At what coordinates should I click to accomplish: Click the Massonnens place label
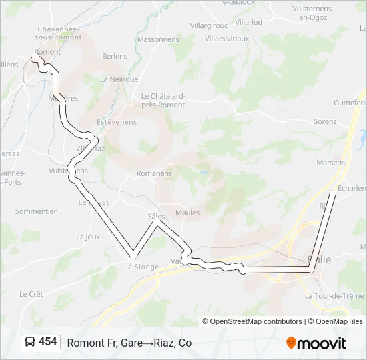click(x=158, y=39)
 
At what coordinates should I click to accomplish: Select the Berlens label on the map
click(x=115, y=56)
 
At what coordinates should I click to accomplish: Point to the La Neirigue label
click(x=119, y=79)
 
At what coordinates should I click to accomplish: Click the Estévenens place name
click(x=117, y=122)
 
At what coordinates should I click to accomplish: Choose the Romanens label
click(x=154, y=173)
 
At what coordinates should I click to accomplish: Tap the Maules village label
click(x=188, y=213)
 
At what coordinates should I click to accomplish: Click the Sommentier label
click(x=36, y=211)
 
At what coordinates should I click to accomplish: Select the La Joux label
click(x=88, y=237)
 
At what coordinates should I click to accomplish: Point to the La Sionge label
click(x=141, y=267)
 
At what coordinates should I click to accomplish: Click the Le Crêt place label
click(x=31, y=294)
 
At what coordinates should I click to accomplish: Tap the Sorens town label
click(x=325, y=122)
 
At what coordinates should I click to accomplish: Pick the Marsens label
click(x=331, y=163)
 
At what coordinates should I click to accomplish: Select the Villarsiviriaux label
click(x=226, y=39)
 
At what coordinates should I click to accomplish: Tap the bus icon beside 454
click(x=31, y=343)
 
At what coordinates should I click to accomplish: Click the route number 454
click(x=47, y=342)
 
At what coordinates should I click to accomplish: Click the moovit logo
click(x=316, y=343)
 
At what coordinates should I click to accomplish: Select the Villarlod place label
click(x=248, y=22)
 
